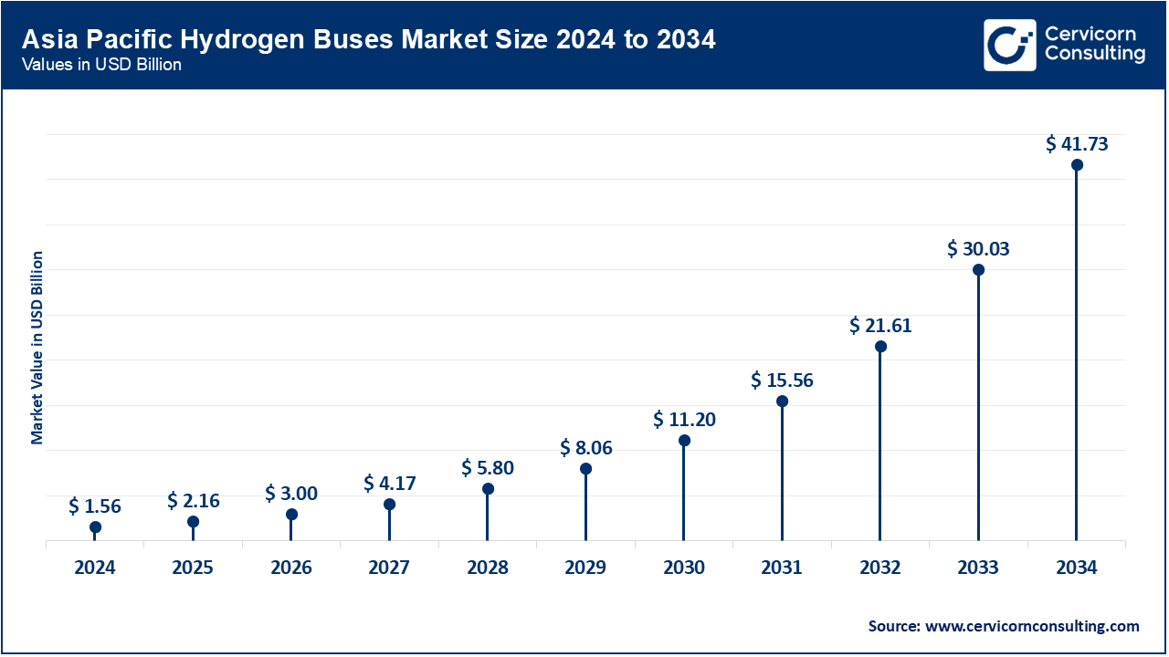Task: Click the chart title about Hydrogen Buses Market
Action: (367, 40)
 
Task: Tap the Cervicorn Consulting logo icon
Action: (1010, 45)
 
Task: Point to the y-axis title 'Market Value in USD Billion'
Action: (37, 347)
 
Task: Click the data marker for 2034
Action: (1077, 165)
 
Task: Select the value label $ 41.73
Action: (1077, 143)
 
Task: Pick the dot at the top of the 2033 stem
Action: (978, 270)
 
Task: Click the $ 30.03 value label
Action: (978, 248)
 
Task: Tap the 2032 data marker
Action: (880, 347)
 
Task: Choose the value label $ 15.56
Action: (782, 380)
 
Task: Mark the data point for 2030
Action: (684, 441)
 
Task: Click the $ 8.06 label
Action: (585, 447)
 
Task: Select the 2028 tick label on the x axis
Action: (488, 568)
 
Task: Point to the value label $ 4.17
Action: (389, 482)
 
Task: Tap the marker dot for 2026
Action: (291, 515)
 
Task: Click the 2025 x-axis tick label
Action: (193, 568)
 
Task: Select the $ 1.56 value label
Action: (95, 506)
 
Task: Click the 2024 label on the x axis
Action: (95, 568)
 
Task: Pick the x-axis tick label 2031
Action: (782, 568)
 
